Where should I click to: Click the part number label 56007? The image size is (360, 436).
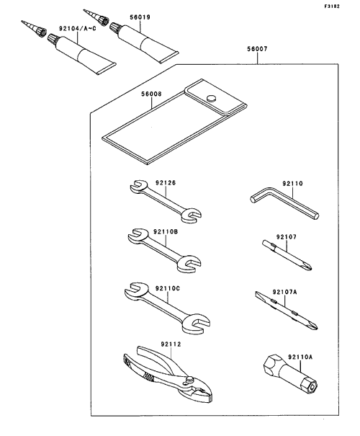(257, 49)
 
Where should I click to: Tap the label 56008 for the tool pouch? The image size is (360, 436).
(151, 94)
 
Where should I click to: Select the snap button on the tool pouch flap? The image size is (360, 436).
(211, 98)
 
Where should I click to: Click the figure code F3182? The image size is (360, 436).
(332, 6)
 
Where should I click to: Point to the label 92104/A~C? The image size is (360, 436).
(78, 28)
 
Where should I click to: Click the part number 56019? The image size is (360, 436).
(140, 17)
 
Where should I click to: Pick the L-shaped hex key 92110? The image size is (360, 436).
(284, 203)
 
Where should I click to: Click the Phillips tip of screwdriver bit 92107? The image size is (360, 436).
(307, 267)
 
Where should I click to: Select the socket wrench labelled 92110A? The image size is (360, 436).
(290, 373)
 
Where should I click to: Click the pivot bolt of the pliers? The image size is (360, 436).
(190, 379)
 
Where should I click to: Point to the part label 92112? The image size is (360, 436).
(171, 344)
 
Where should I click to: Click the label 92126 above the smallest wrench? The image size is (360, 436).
(166, 183)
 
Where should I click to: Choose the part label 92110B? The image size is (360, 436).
(166, 231)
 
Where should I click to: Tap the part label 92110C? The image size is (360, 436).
(168, 289)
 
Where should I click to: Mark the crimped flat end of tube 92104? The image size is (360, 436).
(106, 68)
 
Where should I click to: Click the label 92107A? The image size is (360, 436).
(284, 292)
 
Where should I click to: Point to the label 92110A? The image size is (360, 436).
(300, 357)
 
